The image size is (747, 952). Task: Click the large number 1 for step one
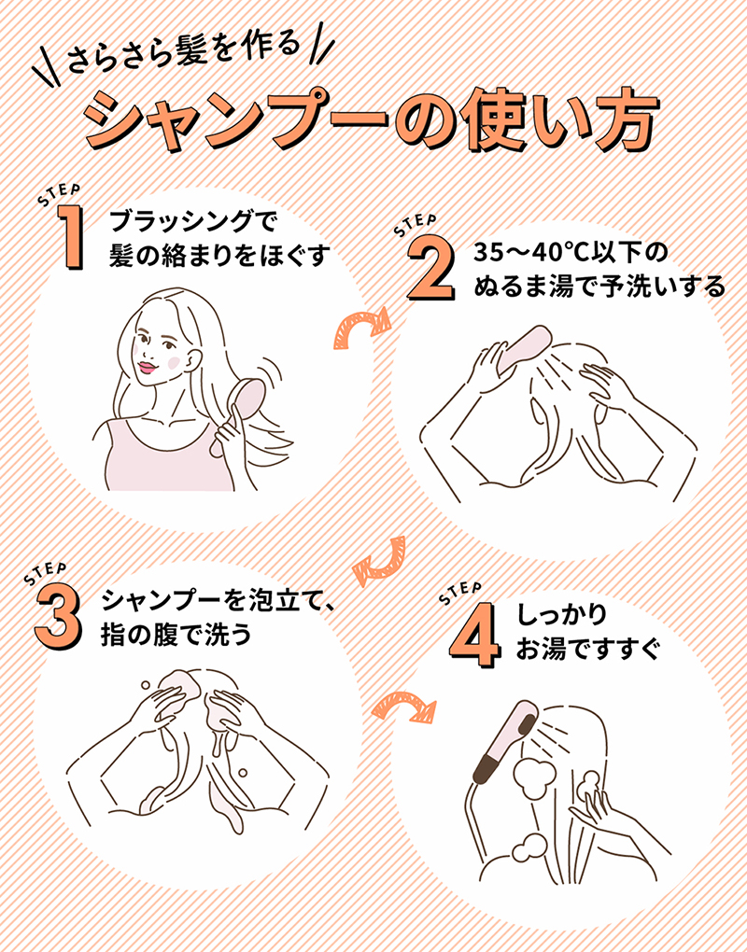[65, 239]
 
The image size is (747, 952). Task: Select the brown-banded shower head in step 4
[504, 747]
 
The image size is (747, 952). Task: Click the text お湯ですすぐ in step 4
[587, 648]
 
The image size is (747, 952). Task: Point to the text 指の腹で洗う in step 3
[176, 637]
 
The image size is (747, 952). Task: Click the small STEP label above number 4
[459, 592]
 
